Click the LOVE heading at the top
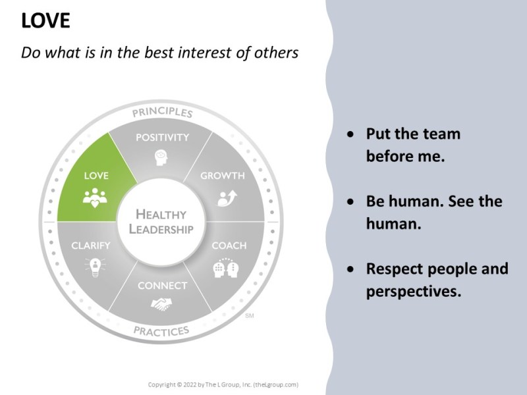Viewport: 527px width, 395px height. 45,21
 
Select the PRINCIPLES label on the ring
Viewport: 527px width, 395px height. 162,113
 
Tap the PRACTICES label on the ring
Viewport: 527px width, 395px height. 161,330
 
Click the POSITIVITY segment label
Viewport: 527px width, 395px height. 162,138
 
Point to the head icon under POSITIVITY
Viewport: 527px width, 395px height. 161,158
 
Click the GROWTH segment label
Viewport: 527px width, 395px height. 222,176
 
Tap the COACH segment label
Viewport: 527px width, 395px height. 229,246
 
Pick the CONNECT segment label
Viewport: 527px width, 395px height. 162,286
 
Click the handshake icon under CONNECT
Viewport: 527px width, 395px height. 161,304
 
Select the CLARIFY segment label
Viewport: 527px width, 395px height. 91,246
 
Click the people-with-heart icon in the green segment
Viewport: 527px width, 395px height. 96,196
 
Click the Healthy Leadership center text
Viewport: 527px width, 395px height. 161,222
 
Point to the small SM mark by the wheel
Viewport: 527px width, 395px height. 249,317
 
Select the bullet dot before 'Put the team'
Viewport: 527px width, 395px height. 354,134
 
